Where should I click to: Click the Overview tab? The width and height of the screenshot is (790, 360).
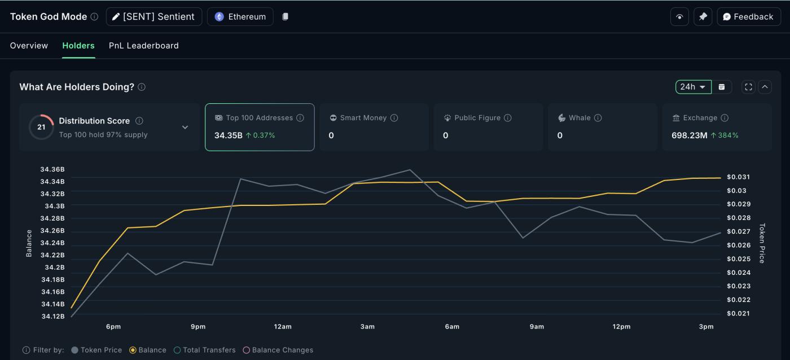point(29,46)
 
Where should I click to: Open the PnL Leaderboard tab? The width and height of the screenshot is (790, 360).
point(143,46)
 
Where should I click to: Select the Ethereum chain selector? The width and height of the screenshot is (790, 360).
point(240,17)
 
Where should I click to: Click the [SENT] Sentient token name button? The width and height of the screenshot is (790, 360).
point(153,17)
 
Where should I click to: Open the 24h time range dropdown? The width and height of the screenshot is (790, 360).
point(693,87)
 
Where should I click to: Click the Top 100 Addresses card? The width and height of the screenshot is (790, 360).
point(259,127)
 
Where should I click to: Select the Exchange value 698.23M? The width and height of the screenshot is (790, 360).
point(689,135)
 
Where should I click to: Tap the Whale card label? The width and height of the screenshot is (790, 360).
point(580,118)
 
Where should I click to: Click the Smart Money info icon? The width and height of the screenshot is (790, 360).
point(394,118)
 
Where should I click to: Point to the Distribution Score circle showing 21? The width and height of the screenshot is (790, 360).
point(41,127)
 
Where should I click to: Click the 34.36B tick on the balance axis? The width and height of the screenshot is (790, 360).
point(52,169)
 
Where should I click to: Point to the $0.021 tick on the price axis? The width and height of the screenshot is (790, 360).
point(739,314)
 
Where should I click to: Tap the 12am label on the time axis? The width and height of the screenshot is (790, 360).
point(283,327)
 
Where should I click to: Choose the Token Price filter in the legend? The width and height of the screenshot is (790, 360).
point(96,350)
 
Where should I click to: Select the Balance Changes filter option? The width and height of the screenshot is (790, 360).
point(278,350)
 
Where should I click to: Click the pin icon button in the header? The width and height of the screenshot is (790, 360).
point(703,17)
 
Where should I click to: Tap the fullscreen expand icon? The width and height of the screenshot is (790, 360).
point(748,87)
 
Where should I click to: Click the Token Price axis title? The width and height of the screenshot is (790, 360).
point(762,243)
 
